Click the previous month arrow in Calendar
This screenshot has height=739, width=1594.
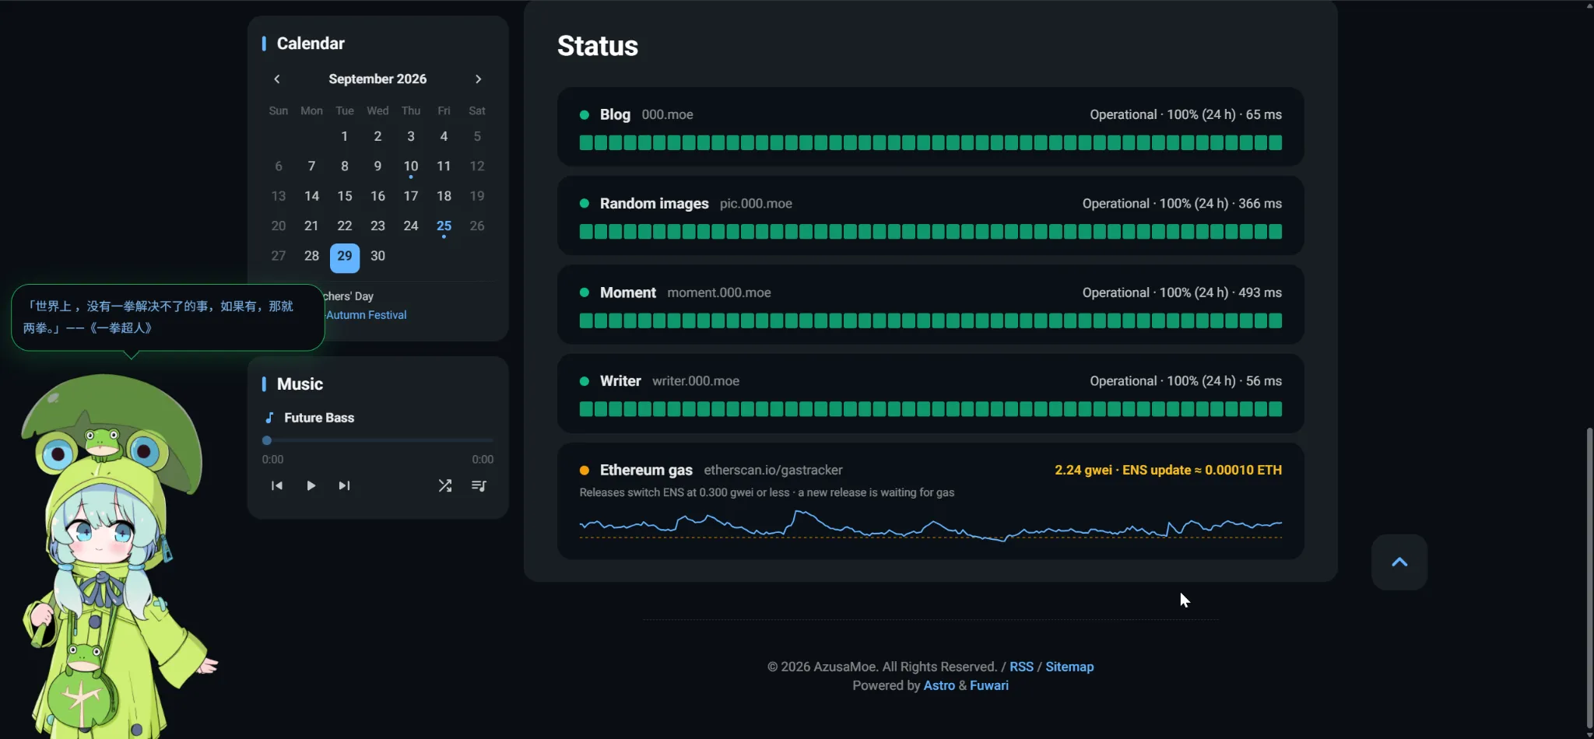click(277, 79)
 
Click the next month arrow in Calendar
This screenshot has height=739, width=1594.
click(478, 79)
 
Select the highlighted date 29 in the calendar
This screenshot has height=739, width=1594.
click(345, 257)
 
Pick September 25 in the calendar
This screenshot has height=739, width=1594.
click(444, 226)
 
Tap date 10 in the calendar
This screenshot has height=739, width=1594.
click(411, 166)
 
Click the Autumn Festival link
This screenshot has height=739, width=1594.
click(367, 315)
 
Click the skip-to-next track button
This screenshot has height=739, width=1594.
click(344, 485)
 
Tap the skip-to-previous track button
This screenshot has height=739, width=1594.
click(276, 485)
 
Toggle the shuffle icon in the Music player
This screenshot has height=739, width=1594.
click(444, 485)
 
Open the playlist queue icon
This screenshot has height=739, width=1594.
click(479, 485)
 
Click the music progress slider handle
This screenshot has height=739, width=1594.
click(267, 440)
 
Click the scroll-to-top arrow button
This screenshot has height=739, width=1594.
click(1399, 562)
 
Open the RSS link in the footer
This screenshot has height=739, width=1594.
click(1021, 667)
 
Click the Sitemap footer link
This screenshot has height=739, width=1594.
click(1069, 667)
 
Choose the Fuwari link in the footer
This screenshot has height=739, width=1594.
click(989, 685)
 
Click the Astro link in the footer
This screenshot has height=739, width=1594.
click(939, 685)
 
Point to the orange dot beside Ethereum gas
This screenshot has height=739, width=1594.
click(584, 470)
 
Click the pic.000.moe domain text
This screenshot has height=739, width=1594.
click(756, 204)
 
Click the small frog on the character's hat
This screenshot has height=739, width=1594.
click(102, 441)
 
